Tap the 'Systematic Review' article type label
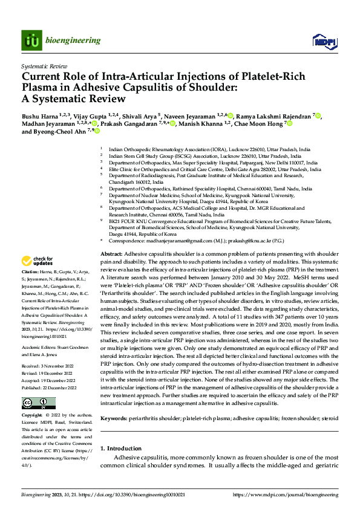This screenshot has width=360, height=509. (44, 65)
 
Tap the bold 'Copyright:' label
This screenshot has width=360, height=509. (32, 417)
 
